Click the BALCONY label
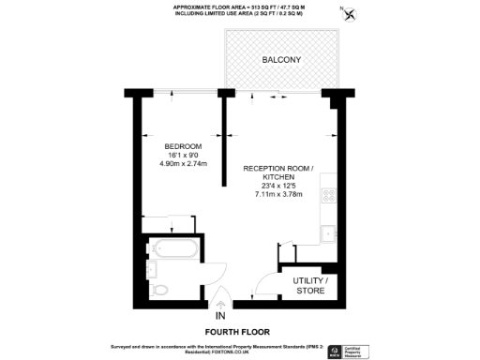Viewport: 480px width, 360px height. pyautogui.click(x=280, y=59)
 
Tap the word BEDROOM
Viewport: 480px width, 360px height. pyautogui.click(x=183, y=146)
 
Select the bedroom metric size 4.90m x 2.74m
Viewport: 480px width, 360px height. pyautogui.click(x=183, y=164)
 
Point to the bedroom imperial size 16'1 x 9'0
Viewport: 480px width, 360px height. pyautogui.click(x=183, y=156)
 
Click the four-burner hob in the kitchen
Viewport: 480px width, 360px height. pyautogui.click(x=329, y=196)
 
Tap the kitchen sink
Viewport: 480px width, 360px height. pyautogui.click(x=327, y=234)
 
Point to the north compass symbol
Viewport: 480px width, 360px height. pyautogui.click(x=351, y=14)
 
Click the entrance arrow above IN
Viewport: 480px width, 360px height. pyautogui.click(x=221, y=303)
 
